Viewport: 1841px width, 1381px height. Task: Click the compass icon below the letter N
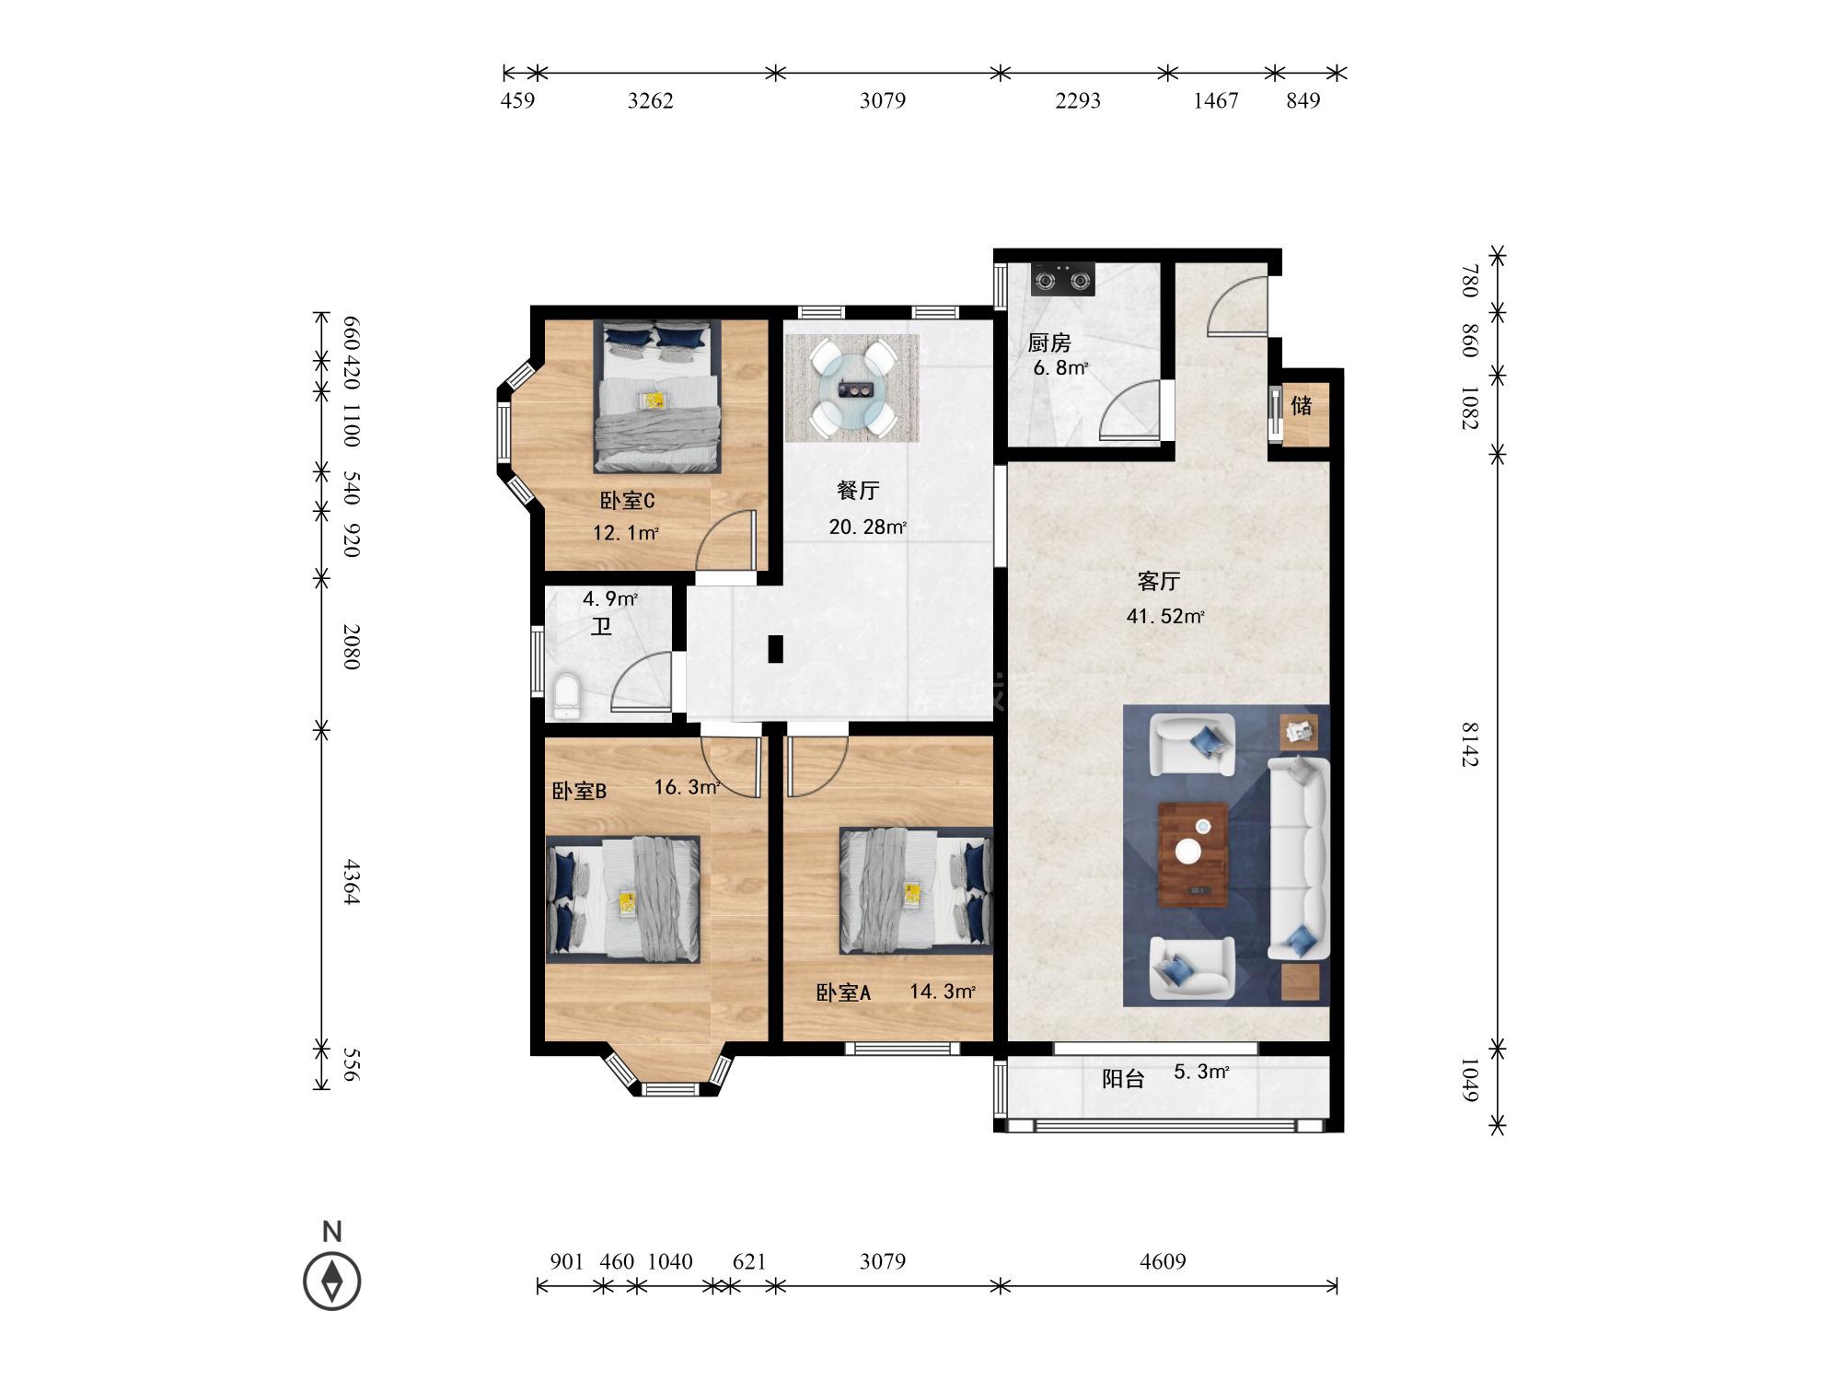click(x=332, y=1281)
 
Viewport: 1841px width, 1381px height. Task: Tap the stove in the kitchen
click(x=1062, y=278)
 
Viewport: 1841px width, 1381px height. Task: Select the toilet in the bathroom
click(x=564, y=696)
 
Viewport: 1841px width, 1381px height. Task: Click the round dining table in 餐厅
click(x=851, y=389)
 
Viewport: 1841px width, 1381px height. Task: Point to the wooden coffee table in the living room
click(x=1193, y=854)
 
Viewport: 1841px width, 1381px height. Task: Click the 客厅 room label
click(x=1159, y=582)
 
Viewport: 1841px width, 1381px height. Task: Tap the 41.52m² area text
click(x=1165, y=617)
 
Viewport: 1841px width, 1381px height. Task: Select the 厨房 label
click(x=1049, y=343)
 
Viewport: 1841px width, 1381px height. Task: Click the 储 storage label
click(x=1301, y=405)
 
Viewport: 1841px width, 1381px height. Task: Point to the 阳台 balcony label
click(x=1123, y=1079)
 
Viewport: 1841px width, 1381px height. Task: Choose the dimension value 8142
click(x=1469, y=745)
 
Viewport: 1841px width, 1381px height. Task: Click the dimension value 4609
click(x=1163, y=1261)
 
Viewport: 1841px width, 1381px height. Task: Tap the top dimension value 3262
click(x=651, y=101)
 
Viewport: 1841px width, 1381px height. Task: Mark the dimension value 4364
click(x=351, y=882)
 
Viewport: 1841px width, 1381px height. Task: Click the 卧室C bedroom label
click(x=627, y=502)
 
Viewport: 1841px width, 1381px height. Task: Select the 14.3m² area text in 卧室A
click(x=943, y=992)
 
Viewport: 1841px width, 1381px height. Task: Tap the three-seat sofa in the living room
click(x=1299, y=859)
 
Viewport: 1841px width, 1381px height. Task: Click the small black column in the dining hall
click(x=776, y=649)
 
